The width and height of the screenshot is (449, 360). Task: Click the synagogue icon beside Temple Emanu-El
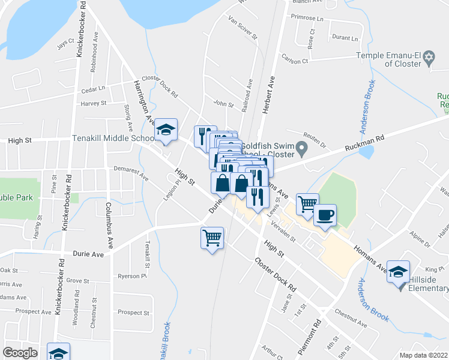click(428, 58)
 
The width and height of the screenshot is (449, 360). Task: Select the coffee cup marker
click(325, 216)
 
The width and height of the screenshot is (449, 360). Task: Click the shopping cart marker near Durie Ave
click(212, 238)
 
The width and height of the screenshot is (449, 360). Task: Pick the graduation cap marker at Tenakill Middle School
click(166, 130)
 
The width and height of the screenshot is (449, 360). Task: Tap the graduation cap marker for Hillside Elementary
click(399, 272)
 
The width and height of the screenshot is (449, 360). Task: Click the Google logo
click(20, 353)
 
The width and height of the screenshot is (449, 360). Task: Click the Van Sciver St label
click(243, 28)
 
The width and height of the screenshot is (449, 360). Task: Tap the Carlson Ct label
click(294, 61)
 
